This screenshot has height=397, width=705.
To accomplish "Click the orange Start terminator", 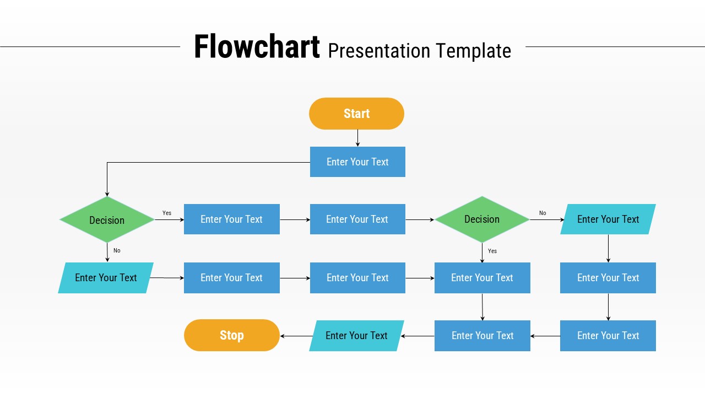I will [x=356, y=114].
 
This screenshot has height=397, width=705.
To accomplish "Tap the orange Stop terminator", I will [x=231, y=335].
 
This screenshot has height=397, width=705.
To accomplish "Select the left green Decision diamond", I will [x=107, y=220].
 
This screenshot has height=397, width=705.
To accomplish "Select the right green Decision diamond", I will [x=482, y=219].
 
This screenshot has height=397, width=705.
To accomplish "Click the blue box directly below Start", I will [x=357, y=162].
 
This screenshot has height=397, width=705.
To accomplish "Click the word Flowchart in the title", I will [x=257, y=47].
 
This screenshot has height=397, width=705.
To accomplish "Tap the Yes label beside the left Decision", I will [x=167, y=213].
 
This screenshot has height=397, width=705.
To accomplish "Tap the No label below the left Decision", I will [x=117, y=250].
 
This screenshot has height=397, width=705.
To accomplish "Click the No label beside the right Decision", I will [x=543, y=213].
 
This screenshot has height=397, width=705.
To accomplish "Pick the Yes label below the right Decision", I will [x=492, y=251].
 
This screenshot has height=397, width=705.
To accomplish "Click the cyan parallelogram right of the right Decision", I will [x=608, y=219].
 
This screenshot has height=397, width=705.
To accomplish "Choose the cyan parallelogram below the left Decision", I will [x=106, y=278].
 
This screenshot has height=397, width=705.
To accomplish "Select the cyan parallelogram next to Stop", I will [x=356, y=336].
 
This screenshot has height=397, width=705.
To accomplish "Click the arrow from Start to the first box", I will [x=357, y=138].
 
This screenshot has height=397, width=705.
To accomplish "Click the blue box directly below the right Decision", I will [x=482, y=278].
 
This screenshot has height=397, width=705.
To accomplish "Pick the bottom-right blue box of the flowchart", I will [x=608, y=336].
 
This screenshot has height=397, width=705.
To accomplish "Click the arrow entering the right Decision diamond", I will [x=420, y=219].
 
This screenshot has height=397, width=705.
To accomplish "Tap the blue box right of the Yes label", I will [x=231, y=219].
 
